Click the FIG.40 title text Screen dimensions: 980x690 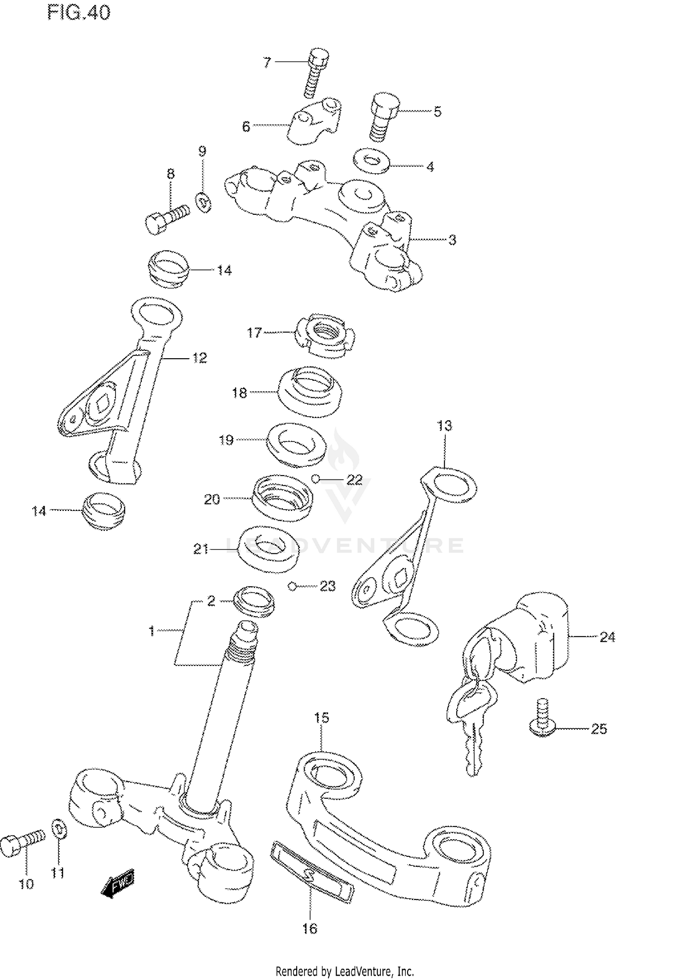(79, 12)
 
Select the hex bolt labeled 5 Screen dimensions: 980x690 (382, 117)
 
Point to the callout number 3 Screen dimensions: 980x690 (452, 240)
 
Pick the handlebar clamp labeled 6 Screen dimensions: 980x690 (315, 121)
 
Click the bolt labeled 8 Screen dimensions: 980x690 (167, 218)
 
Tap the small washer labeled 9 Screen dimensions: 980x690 (203, 202)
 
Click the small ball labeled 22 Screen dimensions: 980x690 (315, 479)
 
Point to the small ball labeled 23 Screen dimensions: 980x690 (292, 586)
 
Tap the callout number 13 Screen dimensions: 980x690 (444, 426)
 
